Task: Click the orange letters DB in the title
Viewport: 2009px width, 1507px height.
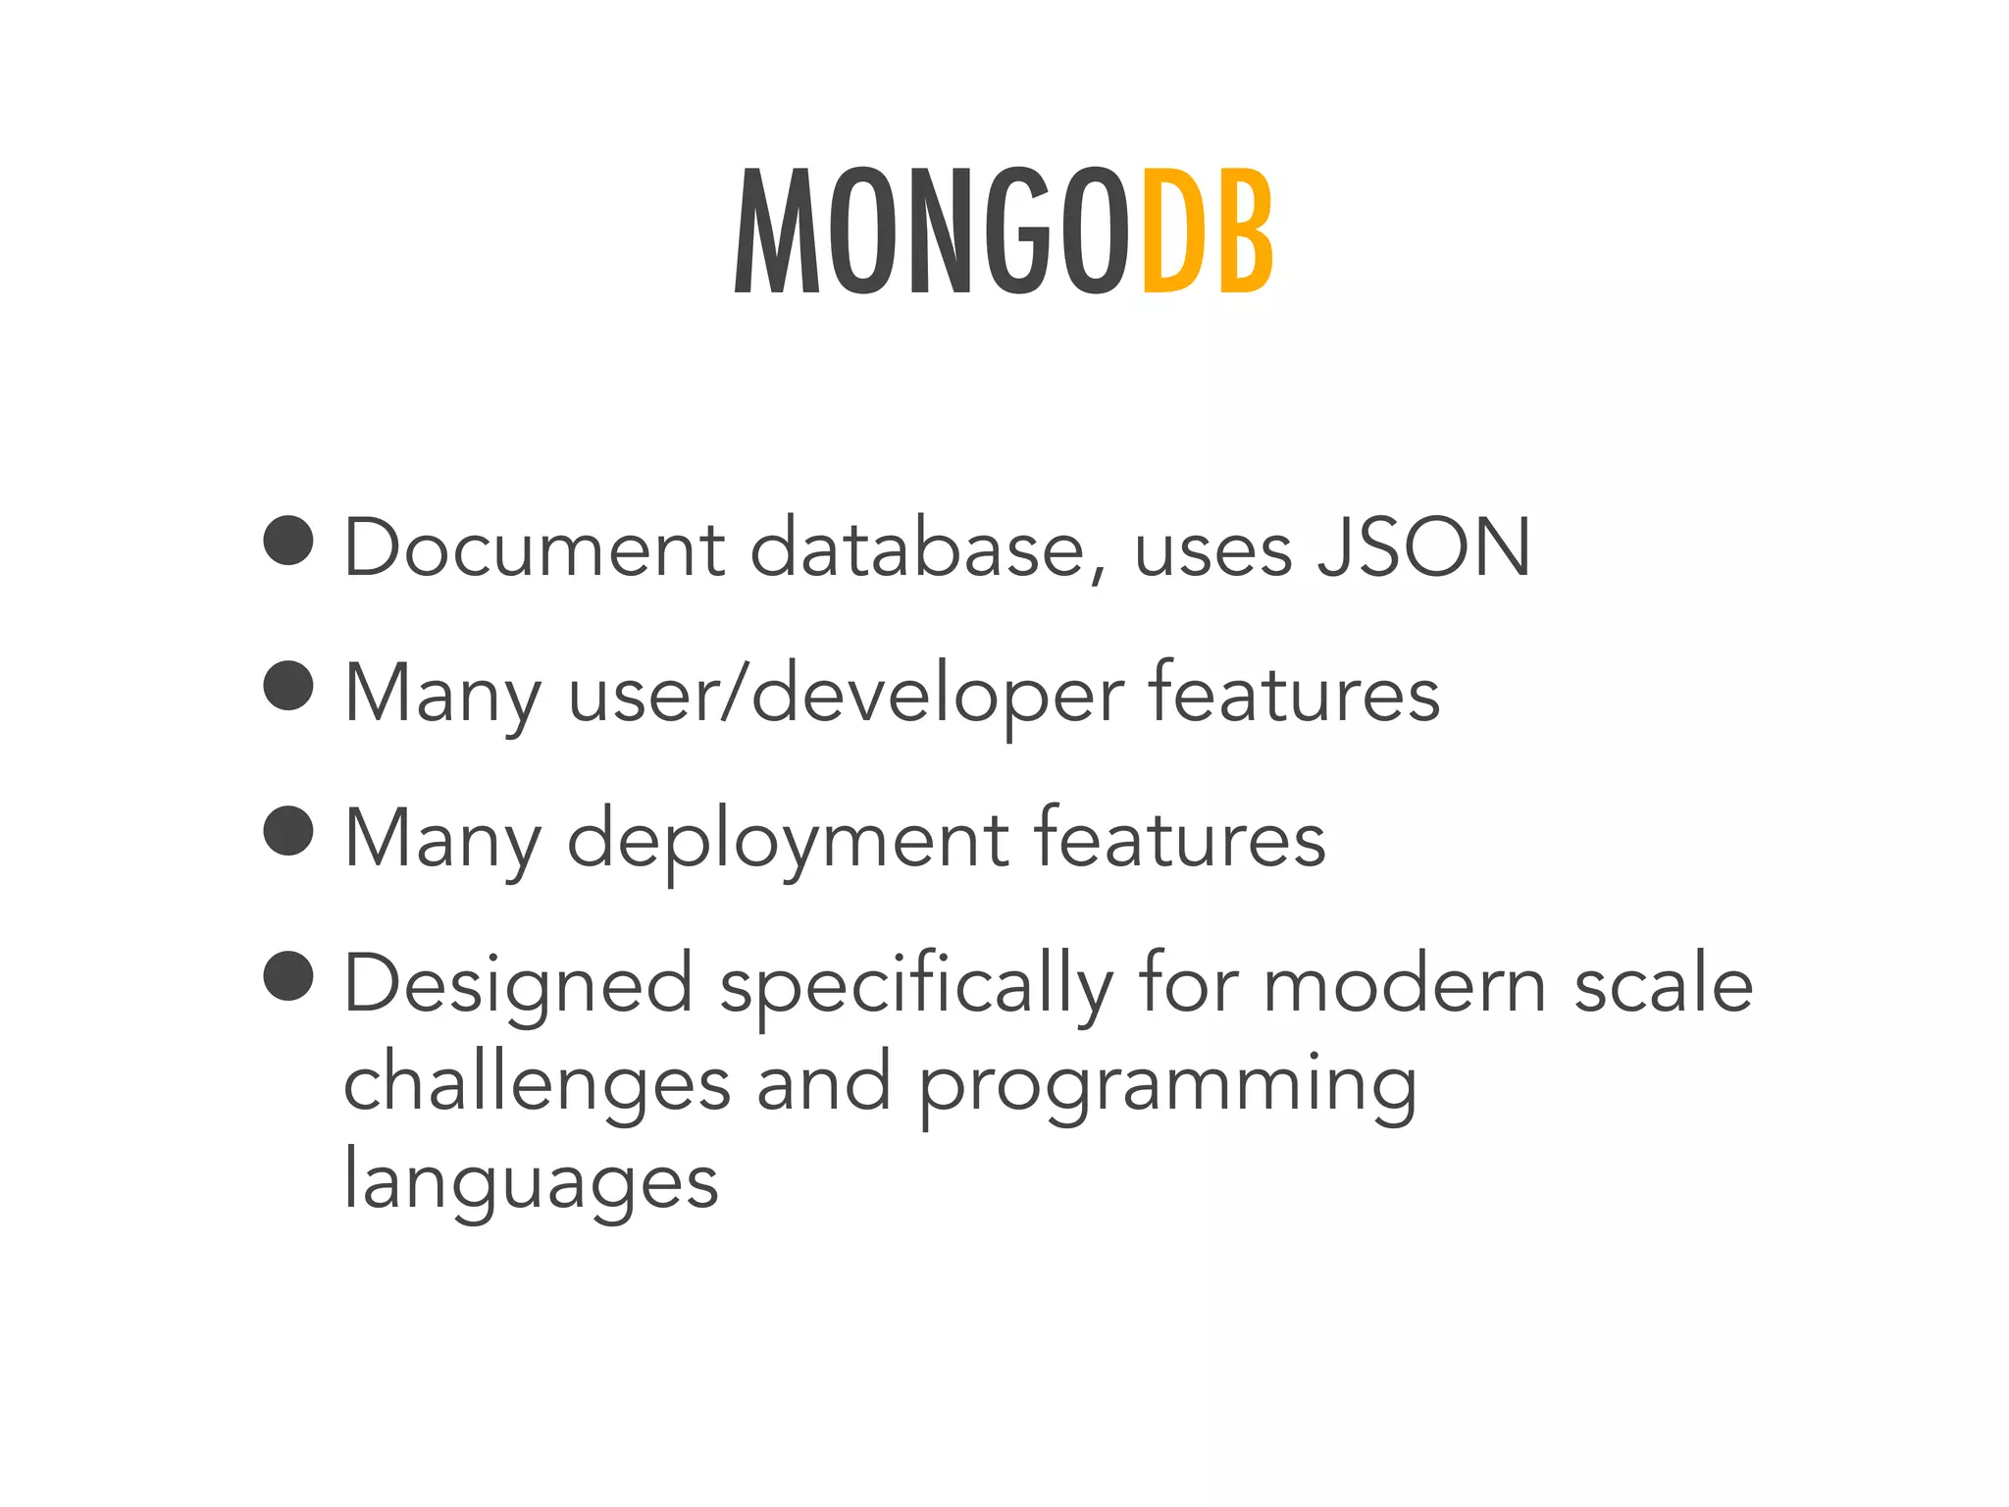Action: click(x=1208, y=232)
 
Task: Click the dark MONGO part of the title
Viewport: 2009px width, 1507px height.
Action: click(x=932, y=232)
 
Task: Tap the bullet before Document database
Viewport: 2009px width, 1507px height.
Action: click(x=288, y=540)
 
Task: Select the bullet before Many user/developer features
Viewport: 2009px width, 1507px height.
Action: click(x=288, y=685)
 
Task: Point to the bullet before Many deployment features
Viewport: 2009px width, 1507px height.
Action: click(x=288, y=830)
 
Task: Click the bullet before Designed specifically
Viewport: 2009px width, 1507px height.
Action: click(x=288, y=975)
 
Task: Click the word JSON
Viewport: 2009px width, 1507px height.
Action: click(x=1423, y=547)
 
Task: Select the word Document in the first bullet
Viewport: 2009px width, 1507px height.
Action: click(x=535, y=547)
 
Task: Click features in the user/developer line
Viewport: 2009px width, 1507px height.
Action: click(x=1293, y=692)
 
